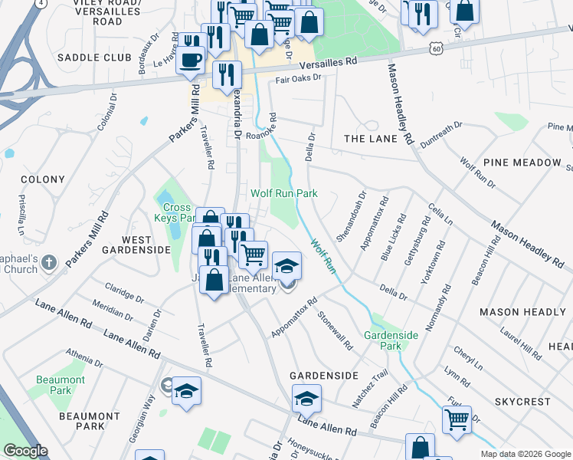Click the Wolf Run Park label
[284, 194]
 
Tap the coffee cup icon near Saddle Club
[191, 59]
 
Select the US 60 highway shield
[436, 48]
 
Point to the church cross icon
[47, 263]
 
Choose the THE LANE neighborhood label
[371, 139]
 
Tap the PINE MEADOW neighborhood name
[522, 163]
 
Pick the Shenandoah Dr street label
[352, 217]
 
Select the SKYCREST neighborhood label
[522, 402]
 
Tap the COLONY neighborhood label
[43, 179]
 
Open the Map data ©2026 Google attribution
[525, 453]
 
